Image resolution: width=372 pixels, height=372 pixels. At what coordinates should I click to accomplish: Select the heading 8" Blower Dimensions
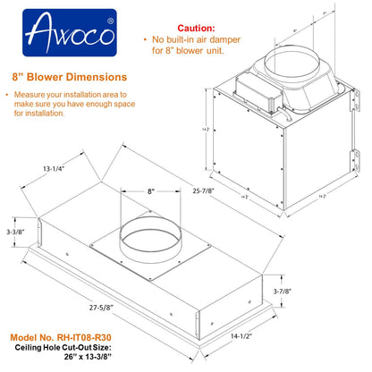[x=67, y=77]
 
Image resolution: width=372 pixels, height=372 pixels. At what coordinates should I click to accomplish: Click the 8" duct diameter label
[x=131, y=191]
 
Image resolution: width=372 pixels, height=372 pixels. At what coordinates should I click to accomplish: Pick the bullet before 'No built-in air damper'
[x=146, y=41]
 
